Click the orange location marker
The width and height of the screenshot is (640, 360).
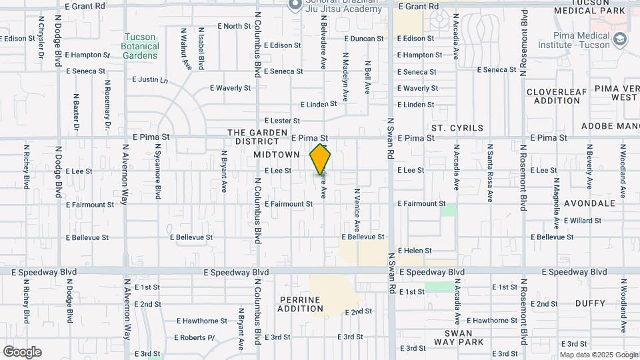pos(321,159)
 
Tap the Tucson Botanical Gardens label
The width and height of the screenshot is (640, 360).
pos(140,46)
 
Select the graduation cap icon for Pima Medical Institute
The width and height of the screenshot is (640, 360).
pos(621,39)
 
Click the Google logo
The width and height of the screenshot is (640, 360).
pos(22,352)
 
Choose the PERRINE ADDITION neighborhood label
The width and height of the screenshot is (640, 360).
pos(300,304)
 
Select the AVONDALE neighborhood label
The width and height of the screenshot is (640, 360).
pos(589,203)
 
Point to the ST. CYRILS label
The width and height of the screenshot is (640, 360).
pos(455,127)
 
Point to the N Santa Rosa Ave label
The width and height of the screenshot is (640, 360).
pos(489,173)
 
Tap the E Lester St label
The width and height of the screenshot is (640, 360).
pos(282,121)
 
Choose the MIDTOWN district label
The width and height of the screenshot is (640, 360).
pos(277,155)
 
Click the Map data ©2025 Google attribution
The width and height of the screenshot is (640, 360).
pos(597,355)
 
